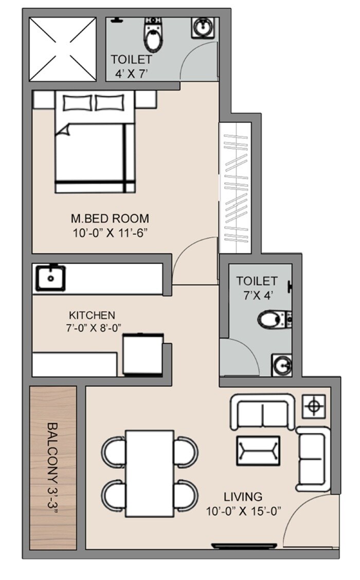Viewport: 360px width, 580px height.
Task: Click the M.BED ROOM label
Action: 111,218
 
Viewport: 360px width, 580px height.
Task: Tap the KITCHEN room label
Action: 93,314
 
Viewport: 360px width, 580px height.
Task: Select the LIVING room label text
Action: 243,497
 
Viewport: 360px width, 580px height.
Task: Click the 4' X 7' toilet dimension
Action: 131,73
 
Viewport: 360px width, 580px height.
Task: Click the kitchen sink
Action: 50,277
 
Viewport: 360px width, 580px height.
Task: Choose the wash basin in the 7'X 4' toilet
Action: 281,365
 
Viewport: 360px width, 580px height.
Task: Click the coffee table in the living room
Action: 258,450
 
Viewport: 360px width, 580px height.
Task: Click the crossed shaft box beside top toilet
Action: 62,49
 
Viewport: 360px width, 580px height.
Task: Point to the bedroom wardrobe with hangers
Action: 235,188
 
